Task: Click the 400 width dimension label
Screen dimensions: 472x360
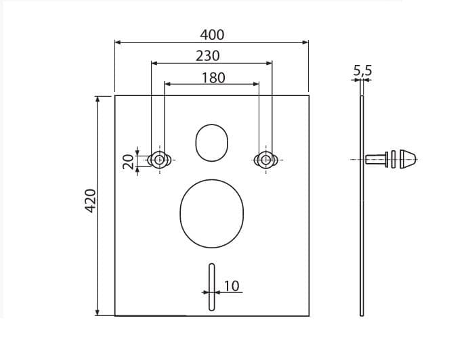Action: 212,35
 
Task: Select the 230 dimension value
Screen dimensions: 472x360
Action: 208,56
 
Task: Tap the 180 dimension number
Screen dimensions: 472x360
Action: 213,78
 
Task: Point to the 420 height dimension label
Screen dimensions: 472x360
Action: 91,201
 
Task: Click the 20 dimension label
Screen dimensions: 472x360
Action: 129,162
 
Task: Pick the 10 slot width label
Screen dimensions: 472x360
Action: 232,286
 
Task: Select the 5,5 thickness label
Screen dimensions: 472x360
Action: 363,70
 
